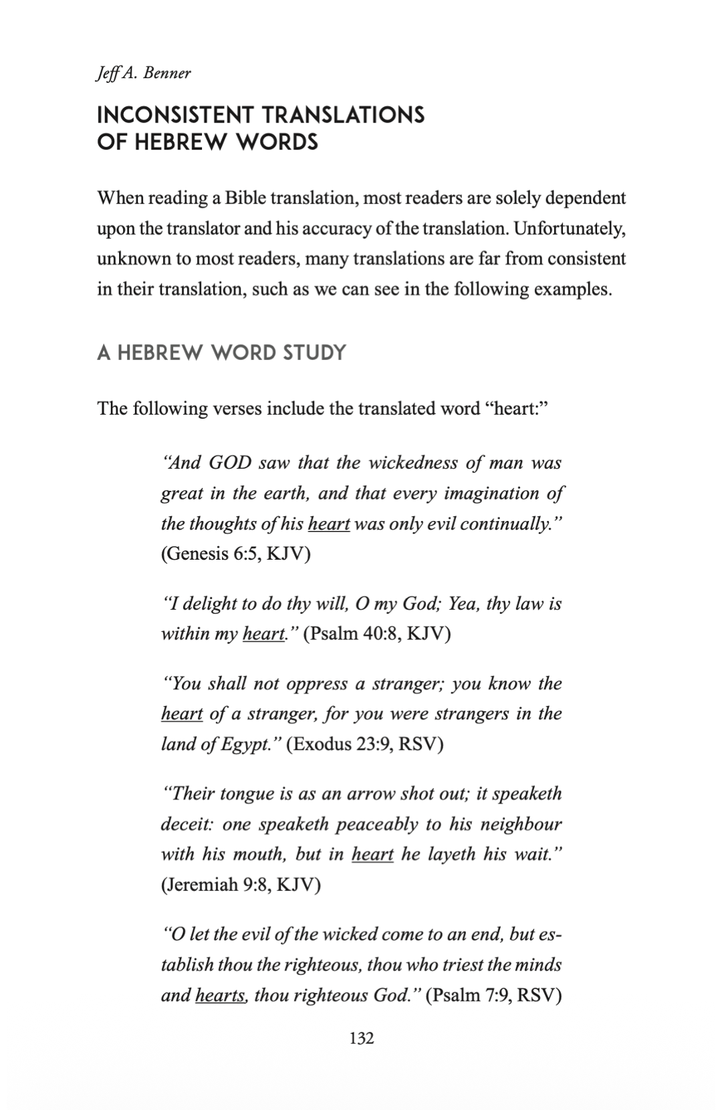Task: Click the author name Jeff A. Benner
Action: [144, 73]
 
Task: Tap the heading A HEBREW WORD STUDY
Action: [221, 352]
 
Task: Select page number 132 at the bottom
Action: [361, 1038]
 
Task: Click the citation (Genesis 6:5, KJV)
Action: [235, 554]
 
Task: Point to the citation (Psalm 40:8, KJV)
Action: [376, 633]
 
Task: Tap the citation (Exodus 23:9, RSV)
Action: [364, 743]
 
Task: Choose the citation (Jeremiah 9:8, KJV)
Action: [241, 884]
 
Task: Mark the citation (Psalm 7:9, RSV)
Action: [493, 995]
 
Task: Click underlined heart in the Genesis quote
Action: [328, 524]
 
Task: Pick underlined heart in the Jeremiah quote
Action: [372, 854]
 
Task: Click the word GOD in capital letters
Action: [229, 463]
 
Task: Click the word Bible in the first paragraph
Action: [245, 198]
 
